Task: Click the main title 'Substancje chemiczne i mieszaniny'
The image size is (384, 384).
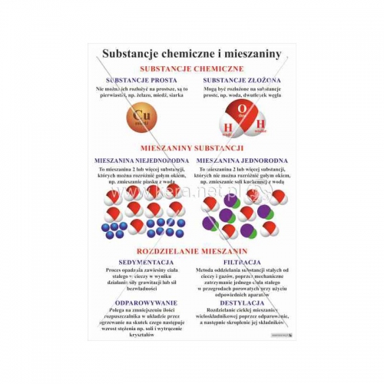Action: [191, 53]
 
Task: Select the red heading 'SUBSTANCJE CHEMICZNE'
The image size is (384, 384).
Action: [192, 68]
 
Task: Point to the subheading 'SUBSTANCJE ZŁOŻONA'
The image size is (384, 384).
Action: [241, 80]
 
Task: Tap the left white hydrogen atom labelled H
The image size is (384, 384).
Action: [228, 128]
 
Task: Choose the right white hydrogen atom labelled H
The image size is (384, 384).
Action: [260, 124]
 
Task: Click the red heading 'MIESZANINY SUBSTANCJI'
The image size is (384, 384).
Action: [192, 147]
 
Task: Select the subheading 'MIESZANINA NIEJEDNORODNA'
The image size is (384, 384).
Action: [141, 161]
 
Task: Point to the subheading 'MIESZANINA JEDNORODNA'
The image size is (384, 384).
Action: [242, 161]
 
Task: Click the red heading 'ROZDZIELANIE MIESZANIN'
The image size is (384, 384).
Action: [192, 251]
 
